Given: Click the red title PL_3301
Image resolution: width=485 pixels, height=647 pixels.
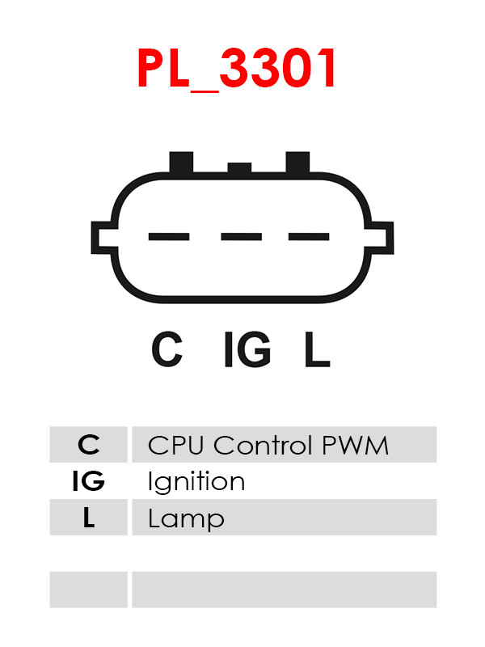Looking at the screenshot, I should coord(237,69).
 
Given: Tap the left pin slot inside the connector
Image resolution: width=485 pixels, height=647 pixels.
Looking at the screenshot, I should coord(169,237).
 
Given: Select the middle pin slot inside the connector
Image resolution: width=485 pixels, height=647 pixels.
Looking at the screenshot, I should coord(241,237).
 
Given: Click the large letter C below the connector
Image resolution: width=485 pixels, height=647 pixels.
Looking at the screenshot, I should coord(167,350).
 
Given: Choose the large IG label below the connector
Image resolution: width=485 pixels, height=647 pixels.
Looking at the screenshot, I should coord(247,350).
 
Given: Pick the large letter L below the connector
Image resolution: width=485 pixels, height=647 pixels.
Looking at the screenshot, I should coord(316,350).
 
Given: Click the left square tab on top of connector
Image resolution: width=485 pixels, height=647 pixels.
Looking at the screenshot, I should coord(182,162).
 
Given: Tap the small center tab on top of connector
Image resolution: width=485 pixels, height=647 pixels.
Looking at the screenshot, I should coord(240,168).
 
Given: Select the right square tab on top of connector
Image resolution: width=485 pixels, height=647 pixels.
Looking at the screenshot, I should coord(297,162).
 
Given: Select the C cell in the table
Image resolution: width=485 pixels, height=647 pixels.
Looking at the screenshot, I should coord(89,445).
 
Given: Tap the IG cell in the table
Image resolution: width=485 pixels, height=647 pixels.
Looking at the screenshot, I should coord(89,481).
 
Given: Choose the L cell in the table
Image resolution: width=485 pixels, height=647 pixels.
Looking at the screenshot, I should coord(89,518).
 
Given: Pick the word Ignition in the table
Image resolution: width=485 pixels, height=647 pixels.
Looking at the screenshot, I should coord(196,483).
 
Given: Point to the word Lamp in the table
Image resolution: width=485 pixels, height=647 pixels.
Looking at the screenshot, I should coord(186,519).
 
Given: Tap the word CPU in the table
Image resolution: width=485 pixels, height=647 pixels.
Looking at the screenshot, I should coord(177,445).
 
